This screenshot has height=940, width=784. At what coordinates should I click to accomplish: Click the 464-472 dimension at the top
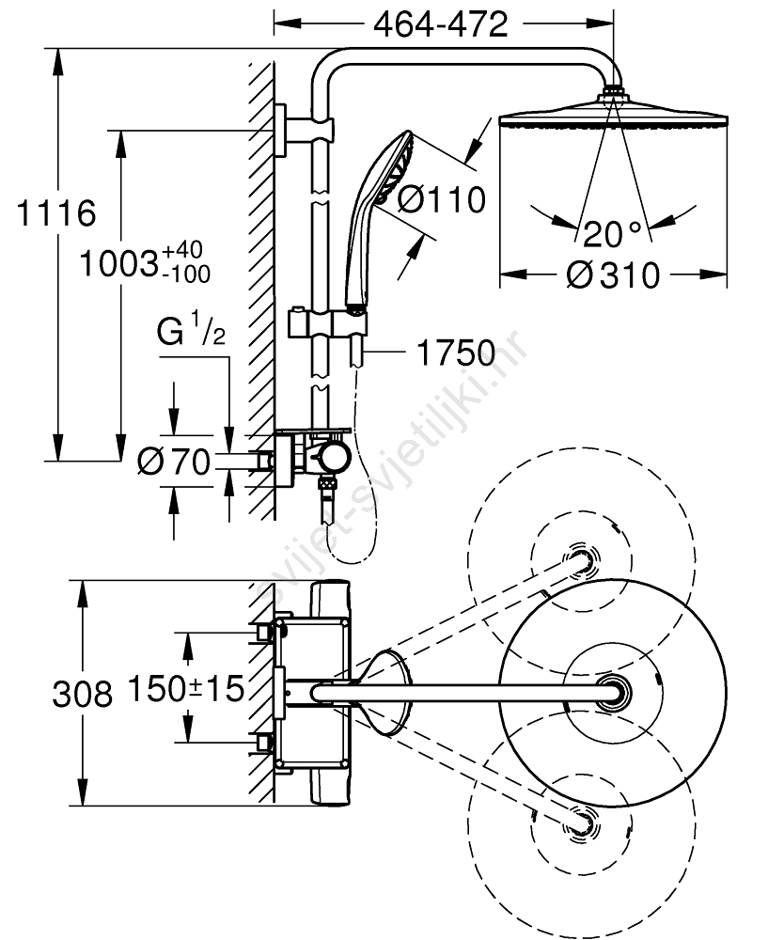coord(441,24)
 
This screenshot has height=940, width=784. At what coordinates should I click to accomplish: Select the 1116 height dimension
coord(56,212)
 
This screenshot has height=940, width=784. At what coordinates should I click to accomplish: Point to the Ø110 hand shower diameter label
coord(442,199)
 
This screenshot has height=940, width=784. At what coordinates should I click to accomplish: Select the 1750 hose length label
coord(456,353)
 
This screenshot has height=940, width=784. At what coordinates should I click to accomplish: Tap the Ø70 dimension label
coord(174,462)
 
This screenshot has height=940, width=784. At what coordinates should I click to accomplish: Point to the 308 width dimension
coord(82,695)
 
